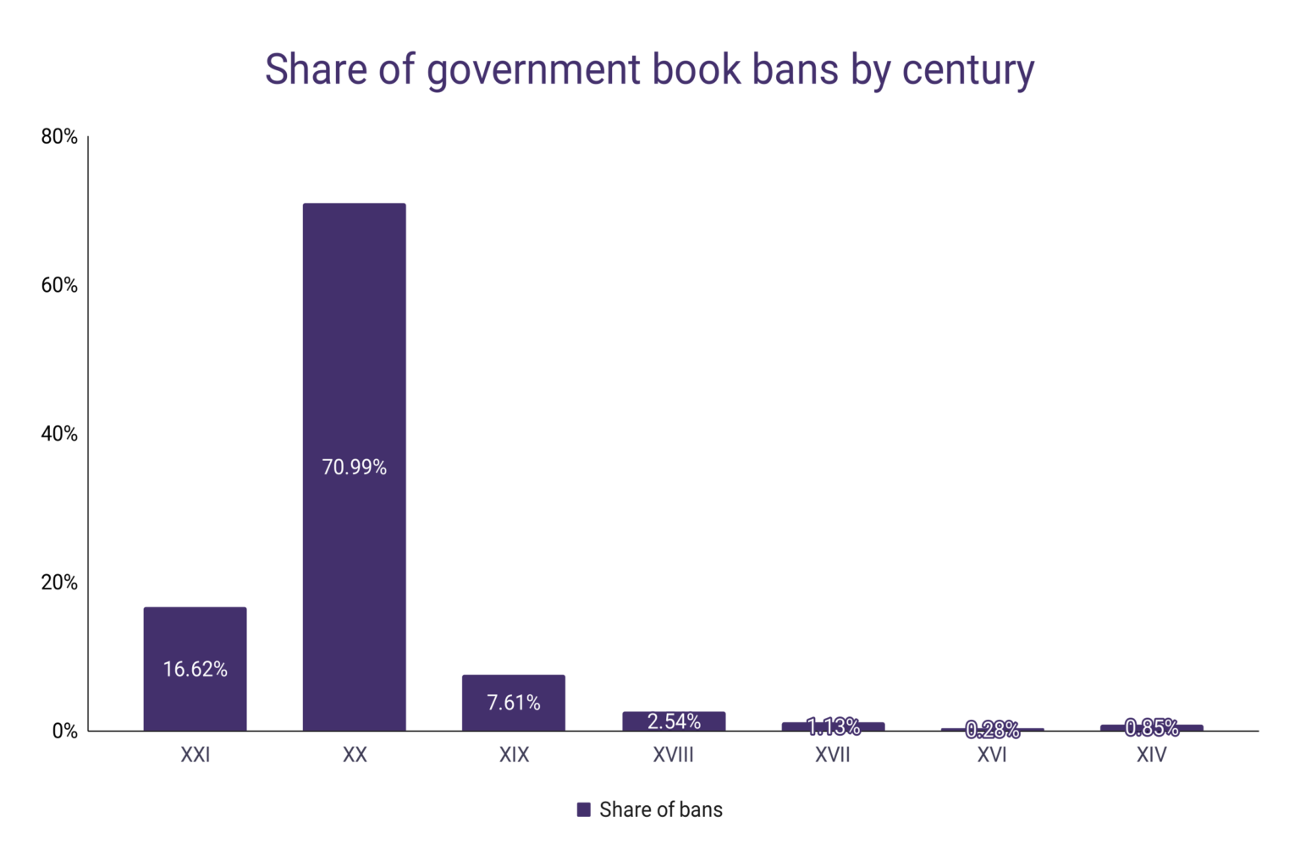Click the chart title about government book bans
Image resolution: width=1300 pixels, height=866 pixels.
point(649,69)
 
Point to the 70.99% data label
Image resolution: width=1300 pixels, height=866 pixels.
point(354,467)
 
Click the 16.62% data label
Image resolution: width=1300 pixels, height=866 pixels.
point(195,669)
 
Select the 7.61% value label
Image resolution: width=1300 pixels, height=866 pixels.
point(513,702)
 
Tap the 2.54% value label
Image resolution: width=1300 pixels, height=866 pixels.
point(674,721)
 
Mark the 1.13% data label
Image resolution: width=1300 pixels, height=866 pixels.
point(833,726)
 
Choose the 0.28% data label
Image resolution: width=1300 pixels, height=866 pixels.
point(992,729)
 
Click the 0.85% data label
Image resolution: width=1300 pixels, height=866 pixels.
point(1151,727)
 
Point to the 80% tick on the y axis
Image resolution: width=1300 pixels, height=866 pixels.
point(59,136)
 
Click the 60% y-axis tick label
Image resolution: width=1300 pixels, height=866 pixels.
point(59,285)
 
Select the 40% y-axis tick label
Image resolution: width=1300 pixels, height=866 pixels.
point(59,434)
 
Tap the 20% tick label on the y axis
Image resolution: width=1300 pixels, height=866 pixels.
point(59,583)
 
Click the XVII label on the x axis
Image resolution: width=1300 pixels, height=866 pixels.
point(833,754)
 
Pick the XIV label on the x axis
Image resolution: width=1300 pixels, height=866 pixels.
point(1151,754)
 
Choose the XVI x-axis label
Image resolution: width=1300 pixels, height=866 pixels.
point(992,754)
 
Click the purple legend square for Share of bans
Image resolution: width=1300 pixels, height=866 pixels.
point(583,809)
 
